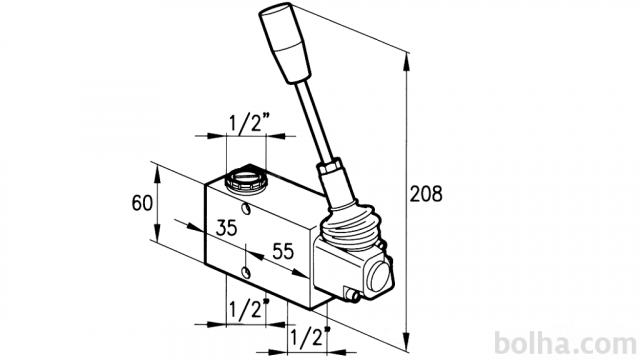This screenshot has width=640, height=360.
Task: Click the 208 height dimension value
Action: (x=426, y=194)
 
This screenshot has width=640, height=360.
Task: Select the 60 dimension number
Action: (x=142, y=203)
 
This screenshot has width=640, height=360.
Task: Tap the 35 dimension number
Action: (x=227, y=228)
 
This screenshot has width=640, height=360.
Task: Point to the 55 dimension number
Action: (x=283, y=251)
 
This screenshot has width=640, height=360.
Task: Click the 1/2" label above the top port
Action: (x=249, y=122)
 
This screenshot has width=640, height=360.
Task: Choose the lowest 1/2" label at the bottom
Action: (x=310, y=337)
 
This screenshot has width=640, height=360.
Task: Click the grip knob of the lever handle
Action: (x=285, y=43)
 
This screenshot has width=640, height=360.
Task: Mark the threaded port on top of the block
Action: (x=246, y=181)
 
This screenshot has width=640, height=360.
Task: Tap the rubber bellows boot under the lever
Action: (x=350, y=227)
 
